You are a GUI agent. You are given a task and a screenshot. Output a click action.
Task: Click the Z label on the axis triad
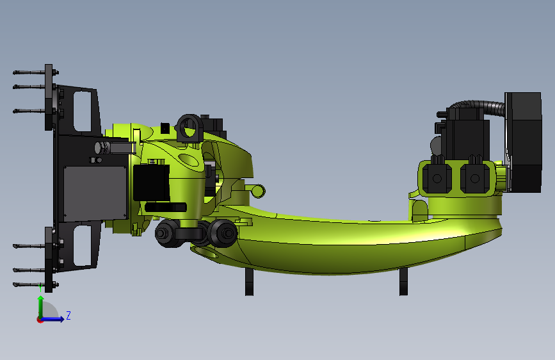tap(68, 315)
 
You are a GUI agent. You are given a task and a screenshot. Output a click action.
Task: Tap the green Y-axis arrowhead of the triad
tap(41, 299)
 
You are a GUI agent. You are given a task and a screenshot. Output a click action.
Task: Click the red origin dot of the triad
tap(40, 320)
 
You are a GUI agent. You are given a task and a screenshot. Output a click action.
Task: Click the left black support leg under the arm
tap(249, 281)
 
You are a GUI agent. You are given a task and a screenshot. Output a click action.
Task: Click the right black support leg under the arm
tap(403, 281)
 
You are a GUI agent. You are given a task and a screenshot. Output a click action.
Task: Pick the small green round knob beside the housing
tap(257, 190)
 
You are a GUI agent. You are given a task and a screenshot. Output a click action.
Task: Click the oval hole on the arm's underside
tap(205, 252)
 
